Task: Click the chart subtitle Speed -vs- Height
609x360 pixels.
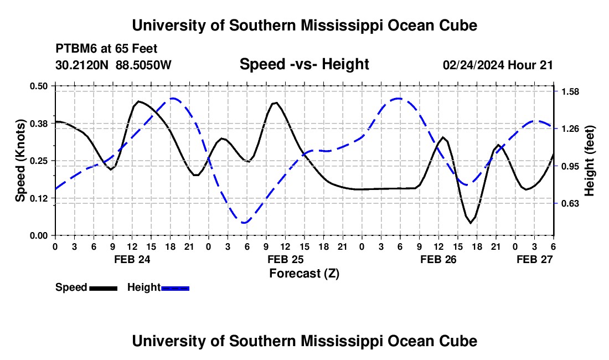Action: [x=304, y=64]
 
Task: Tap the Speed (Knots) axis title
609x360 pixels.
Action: [x=20, y=161]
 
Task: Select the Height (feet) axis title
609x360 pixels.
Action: [x=589, y=161]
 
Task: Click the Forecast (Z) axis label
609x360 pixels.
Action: [x=304, y=273]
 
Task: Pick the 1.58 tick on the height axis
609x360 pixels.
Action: [x=570, y=91]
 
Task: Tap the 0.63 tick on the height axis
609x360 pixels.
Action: [x=570, y=204]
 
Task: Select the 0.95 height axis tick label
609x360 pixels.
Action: [x=570, y=166]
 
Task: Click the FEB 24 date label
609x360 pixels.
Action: [x=132, y=259]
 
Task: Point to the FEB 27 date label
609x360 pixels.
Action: [x=534, y=259]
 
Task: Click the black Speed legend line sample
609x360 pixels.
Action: [x=103, y=287]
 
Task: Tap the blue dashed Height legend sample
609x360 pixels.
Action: [x=176, y=287]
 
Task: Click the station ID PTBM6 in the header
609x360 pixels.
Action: [x=75, y=49]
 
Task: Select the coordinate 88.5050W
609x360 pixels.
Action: [x=144, y=65]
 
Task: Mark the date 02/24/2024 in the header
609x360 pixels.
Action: [x=473, y=65]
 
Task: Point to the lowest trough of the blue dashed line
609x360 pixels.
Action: [x=244, y=223]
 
